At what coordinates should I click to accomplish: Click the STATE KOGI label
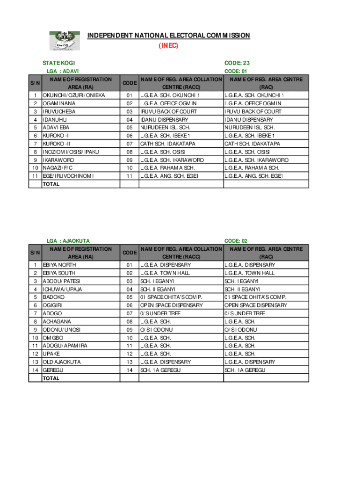click(58, 63)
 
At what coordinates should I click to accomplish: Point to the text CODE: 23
click(237, 63)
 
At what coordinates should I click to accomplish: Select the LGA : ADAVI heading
click(63, 71)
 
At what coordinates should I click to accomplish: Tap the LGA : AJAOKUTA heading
click(68, 241)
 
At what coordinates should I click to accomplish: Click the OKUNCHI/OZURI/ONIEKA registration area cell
click(74, 95)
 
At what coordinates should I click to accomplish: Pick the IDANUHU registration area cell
click(55, 120)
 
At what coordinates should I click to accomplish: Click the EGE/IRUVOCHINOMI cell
click(68, 176)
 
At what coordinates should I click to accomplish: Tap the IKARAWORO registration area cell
click(58, 160)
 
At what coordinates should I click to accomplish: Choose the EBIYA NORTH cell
click(59, 265)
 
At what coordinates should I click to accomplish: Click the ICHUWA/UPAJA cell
click(62, 289)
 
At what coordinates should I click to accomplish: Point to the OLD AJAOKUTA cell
click(62, 362)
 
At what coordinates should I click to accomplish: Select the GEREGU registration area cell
click(53, 370)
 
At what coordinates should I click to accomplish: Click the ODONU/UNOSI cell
click(61, 330)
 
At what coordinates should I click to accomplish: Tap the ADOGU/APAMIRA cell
click(65, 346)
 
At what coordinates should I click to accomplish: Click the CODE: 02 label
click(236, 241)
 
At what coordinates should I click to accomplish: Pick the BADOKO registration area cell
click(54, 297)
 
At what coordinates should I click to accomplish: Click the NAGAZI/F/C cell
click(58, 168)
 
